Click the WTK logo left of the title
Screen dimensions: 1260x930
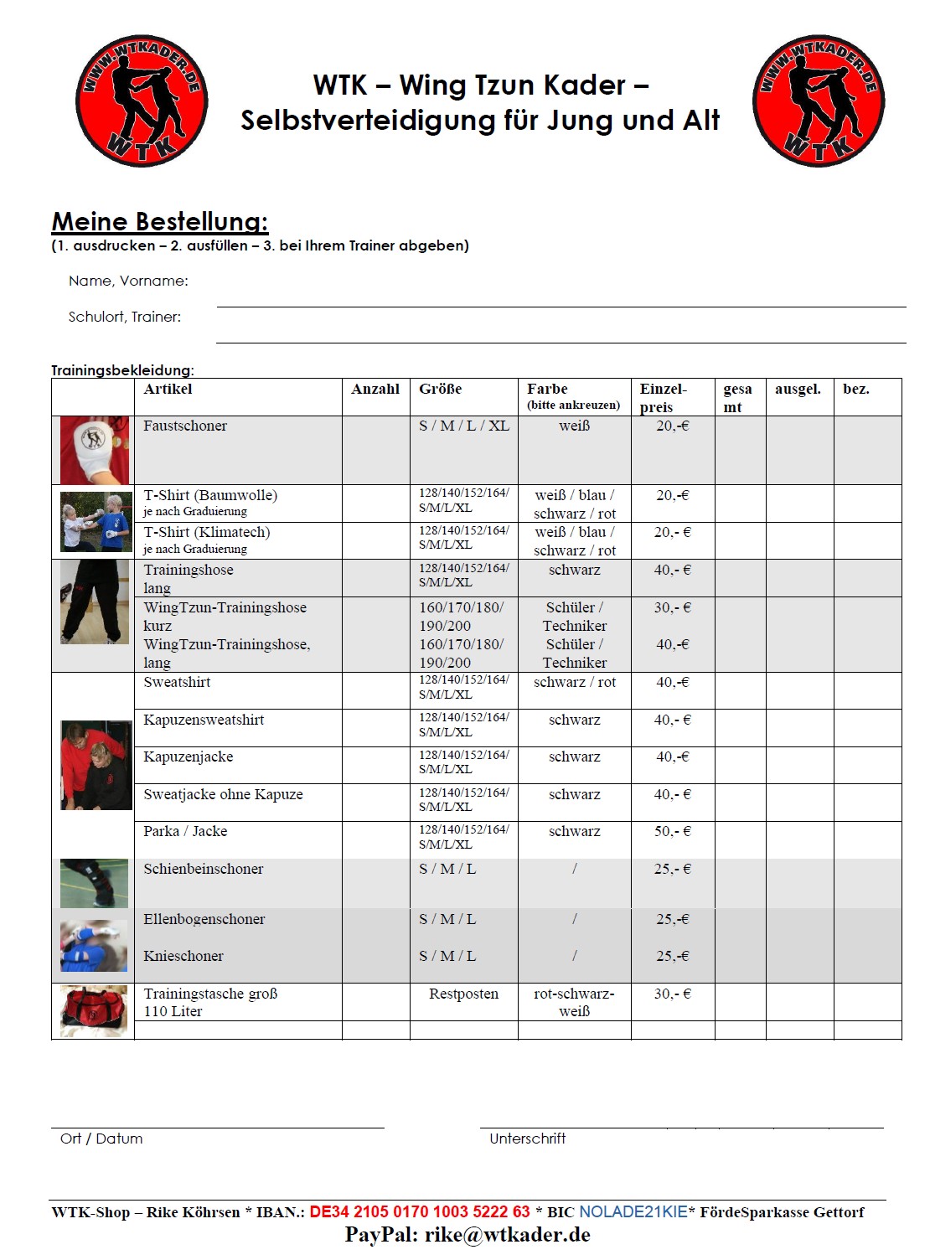click(142, 101)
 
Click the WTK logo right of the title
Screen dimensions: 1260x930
click(819, 101)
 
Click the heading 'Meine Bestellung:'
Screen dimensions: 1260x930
click(160, 222)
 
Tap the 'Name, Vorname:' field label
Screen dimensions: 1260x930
click(128, 281)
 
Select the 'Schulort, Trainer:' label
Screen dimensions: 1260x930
click(125, 317)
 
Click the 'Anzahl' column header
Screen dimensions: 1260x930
click(375, 389)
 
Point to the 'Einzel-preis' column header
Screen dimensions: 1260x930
click(663, 397)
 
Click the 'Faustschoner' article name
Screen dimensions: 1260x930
click(185, 426)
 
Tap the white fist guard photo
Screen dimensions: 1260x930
click(95, 450)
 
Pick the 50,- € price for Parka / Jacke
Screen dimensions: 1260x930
click(672, 831)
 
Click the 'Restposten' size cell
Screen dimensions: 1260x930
click(463, 994)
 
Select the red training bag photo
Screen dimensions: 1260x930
click(95, 1011)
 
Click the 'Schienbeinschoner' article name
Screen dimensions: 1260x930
click(204, 869)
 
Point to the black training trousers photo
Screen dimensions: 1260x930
click(95, 602)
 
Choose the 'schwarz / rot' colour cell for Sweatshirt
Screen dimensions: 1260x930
click(575, 682)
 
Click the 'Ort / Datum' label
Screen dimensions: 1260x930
click(101, 1139)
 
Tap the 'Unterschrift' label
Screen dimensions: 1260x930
click(528, 1139)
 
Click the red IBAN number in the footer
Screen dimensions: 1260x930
click(420, 1212)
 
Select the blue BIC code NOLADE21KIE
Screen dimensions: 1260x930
click(633, 1212)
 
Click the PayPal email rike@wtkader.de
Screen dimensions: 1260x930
click(508, 1235)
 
